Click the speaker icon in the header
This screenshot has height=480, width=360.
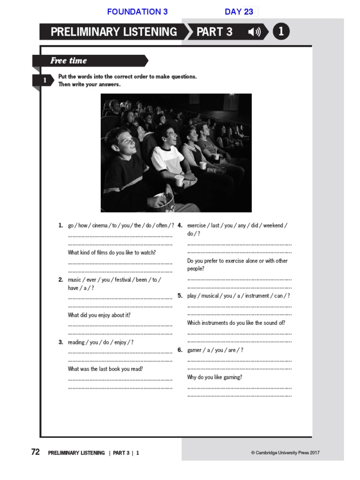pos(255,32)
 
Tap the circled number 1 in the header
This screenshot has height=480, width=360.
pos(281,32)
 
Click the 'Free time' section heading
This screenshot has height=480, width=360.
pos(68,60)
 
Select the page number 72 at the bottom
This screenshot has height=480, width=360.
pos(35,452)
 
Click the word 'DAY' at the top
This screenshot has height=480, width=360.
pos(233,12)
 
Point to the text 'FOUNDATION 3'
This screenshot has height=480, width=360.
pos(137,12)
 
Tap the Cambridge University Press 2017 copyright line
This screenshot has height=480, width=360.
pos(285,453)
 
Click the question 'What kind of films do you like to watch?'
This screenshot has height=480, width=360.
pos(112,253)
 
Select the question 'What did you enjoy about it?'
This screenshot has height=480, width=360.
pos(99,315)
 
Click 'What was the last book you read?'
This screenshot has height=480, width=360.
pos(105,369)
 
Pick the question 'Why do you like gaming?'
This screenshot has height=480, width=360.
pos(215,377)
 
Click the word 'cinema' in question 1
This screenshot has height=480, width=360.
pos(100,225)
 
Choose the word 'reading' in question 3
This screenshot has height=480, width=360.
pos(76,342)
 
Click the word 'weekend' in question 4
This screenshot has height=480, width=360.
pos(273,225)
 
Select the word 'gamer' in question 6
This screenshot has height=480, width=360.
pos(194,350)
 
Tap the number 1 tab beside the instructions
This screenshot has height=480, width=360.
pos(45,81)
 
